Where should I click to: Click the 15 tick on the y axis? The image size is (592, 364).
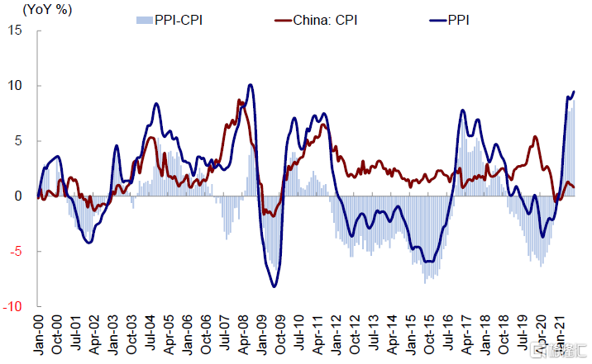pos(16,31)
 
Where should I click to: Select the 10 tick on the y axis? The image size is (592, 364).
pos(16,86)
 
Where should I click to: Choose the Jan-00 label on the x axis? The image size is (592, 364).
pos(38,333)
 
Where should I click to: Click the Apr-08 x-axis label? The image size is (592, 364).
pos(244,333)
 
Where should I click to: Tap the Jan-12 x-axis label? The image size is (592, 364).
pos(337,333)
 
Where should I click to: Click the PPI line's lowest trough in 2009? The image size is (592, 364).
pos(274,286)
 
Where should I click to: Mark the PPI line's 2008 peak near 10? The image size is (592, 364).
pos(251,85)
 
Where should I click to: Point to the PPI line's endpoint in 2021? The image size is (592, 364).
pos(574,92)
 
